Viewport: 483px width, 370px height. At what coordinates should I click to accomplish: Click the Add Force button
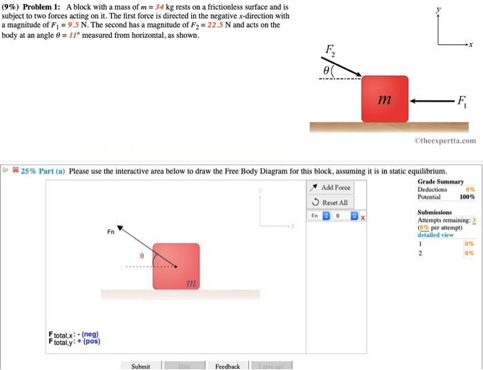point(331,188)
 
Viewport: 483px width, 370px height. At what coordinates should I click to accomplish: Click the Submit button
point(141,366)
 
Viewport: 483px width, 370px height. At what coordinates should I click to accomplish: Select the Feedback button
point(227,366)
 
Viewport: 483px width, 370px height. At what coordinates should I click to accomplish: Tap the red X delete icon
point(361,217)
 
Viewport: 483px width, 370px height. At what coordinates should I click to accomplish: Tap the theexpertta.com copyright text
point(445,140)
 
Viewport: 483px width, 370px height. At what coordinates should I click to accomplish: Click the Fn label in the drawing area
point(110,232)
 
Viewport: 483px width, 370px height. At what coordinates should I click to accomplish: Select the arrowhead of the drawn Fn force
point(120,227)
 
